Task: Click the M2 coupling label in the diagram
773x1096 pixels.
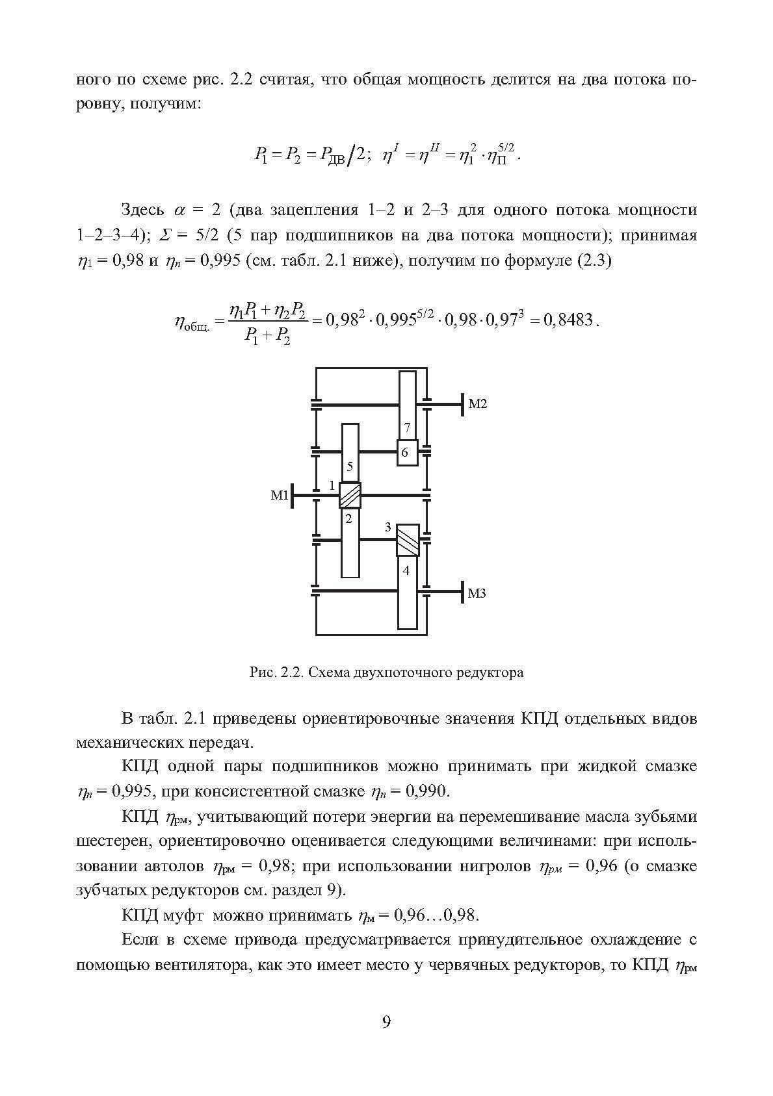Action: [x=477, y=404]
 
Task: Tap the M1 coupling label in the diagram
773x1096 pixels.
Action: [x=280, y=496]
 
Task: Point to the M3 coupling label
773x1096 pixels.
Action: [x=477, y=593]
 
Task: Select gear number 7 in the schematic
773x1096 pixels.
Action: [x=407, y=427]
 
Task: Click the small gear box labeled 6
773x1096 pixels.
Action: [x=404, y=452]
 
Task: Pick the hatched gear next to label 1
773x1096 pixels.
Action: [x=350, y=496]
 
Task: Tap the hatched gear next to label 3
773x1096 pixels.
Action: [x=408, y=539]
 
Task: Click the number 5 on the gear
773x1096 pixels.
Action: [x=350, y=466]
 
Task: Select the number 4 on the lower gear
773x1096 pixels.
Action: [x=407, y=570]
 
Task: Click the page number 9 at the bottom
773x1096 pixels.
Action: [x=386, y=1023]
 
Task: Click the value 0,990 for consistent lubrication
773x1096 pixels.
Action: [x=426, y=791]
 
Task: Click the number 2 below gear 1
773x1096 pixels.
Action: [x=348, y=518]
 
